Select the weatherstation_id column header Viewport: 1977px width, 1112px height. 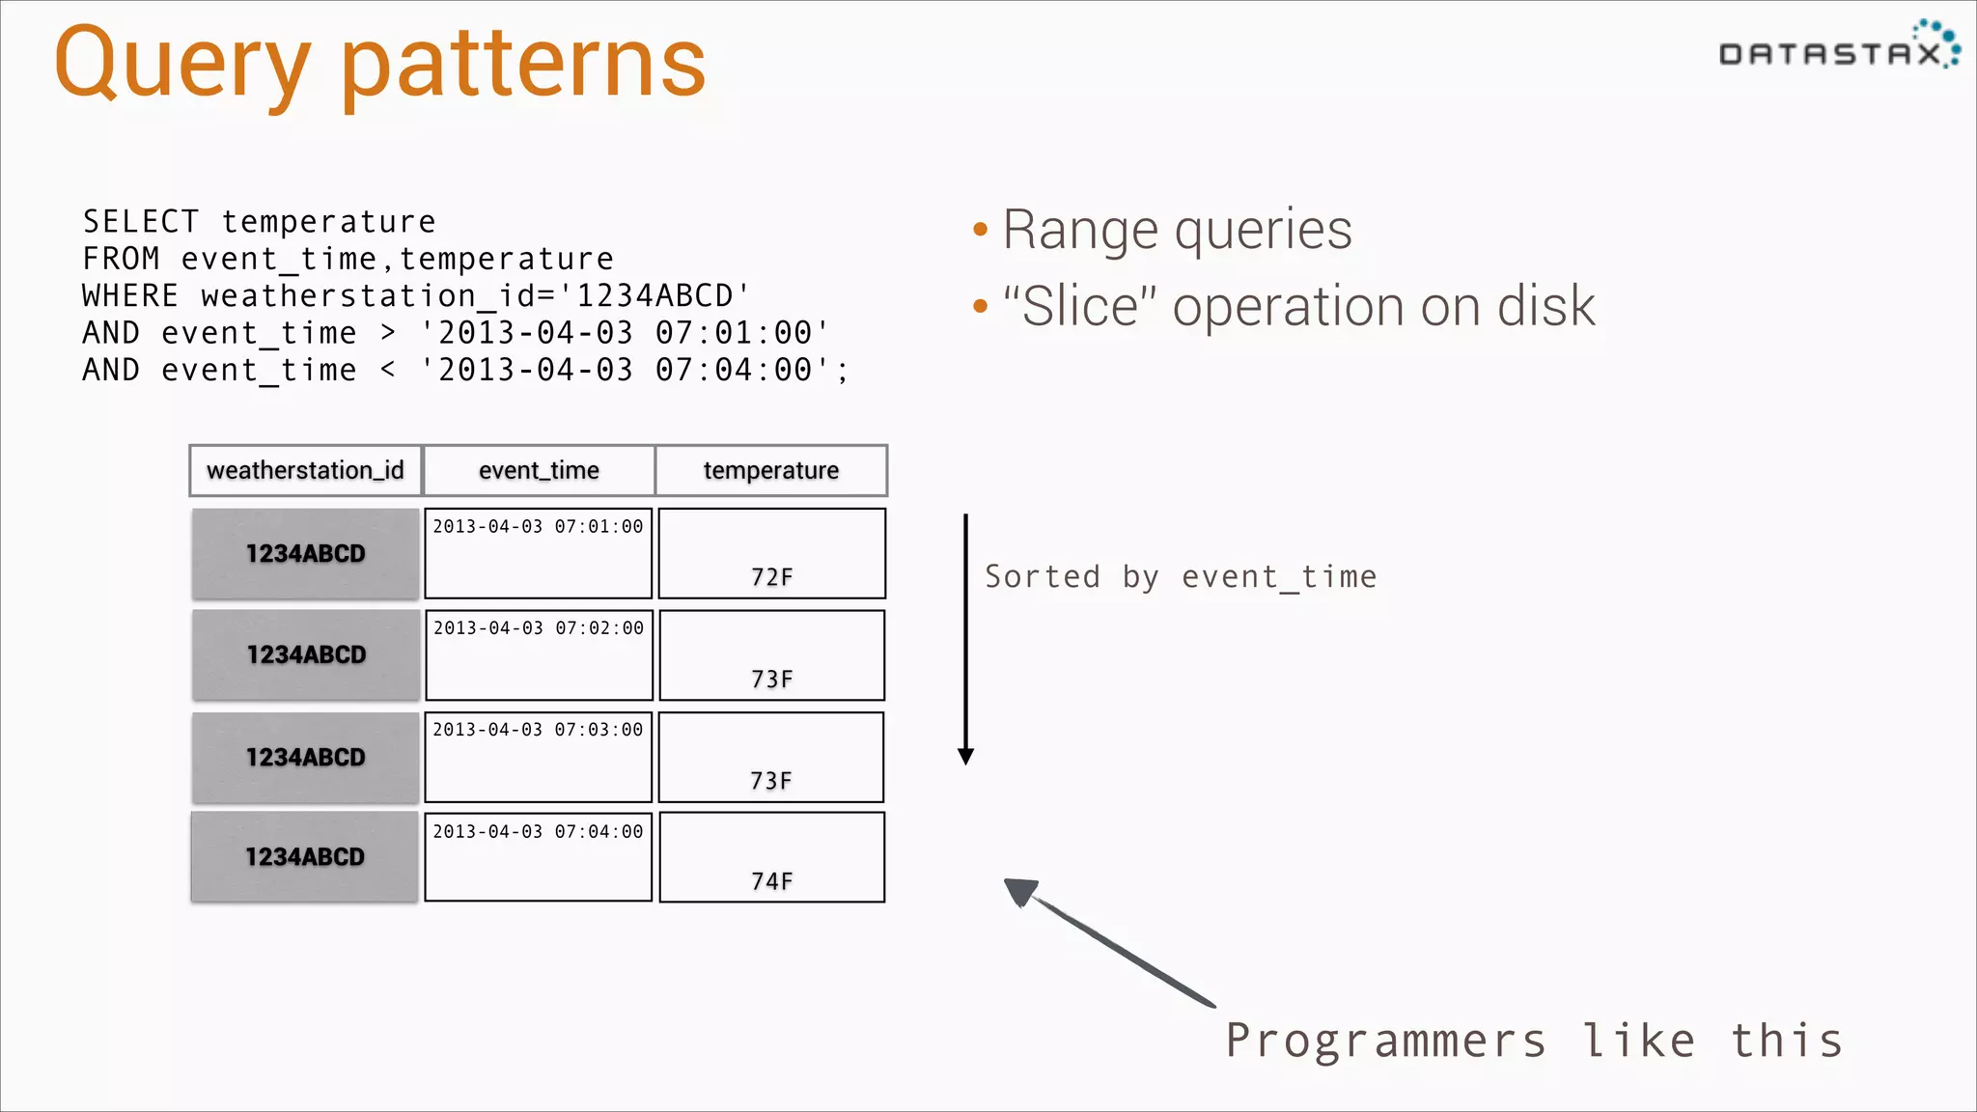point(305,470)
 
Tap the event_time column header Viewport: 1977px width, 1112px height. point(539,470)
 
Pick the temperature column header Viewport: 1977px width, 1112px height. point(770,470)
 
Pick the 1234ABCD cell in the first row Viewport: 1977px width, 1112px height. point(305,554)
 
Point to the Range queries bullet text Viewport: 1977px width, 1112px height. point(1177,230)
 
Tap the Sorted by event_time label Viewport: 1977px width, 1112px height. point(1180,577)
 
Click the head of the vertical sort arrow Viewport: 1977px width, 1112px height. point(965,756)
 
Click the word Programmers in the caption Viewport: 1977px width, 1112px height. point(1385,1042)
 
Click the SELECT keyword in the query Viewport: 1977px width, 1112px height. point(140,222)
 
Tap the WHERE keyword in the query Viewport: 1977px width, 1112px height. point(130,296)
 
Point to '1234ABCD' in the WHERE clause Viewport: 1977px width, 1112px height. point(662,296)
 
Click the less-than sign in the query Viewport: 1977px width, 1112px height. point(388,370)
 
